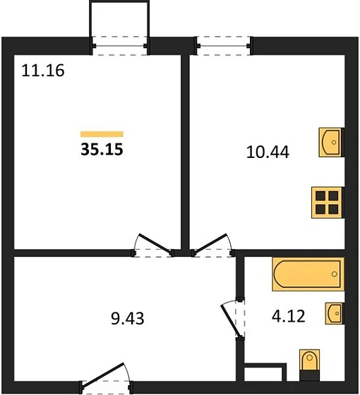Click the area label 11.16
click(x=43, y=71)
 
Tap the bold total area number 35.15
click(x=102, y=149)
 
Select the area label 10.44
click(x=268, y=152)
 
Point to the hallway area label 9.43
click(x=128, y=318)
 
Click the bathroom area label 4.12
click(x=289, y=317)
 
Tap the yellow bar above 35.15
click(x=102, y=134)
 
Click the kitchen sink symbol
click(x=331, y=142)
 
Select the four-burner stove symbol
click(x=328, y=202)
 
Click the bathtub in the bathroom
click(x=308, y=274)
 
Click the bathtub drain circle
click(x=335, y=274)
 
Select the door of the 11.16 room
click(x=155, y=244)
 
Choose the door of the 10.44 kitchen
click(x=211, y=243)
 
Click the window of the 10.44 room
click(x=223, y=46)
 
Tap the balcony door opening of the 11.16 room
click(x=120, y=46)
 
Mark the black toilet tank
click(x=310, y=375)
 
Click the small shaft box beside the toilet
click(x=263, y=374)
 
